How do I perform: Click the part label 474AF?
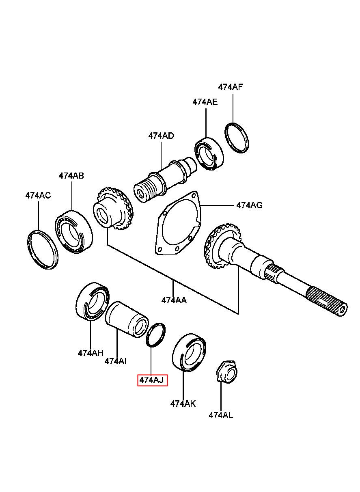(231, 87)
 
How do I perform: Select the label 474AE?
(205, 102)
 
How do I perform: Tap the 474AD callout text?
(161, 136)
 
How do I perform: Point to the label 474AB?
(71, 176)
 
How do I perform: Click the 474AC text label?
(38, 195)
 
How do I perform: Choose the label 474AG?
(249, 205)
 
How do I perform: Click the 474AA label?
(174, 300)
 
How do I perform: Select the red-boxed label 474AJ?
(152, 380)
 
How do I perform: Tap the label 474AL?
(221, 415)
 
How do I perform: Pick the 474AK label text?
(183, 404)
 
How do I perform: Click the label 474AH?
(91, 353)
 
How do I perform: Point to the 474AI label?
(115, 361)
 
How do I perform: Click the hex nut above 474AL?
(225, 371)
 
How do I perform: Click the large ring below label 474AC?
(43, 249)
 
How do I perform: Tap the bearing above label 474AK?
(189, 352)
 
